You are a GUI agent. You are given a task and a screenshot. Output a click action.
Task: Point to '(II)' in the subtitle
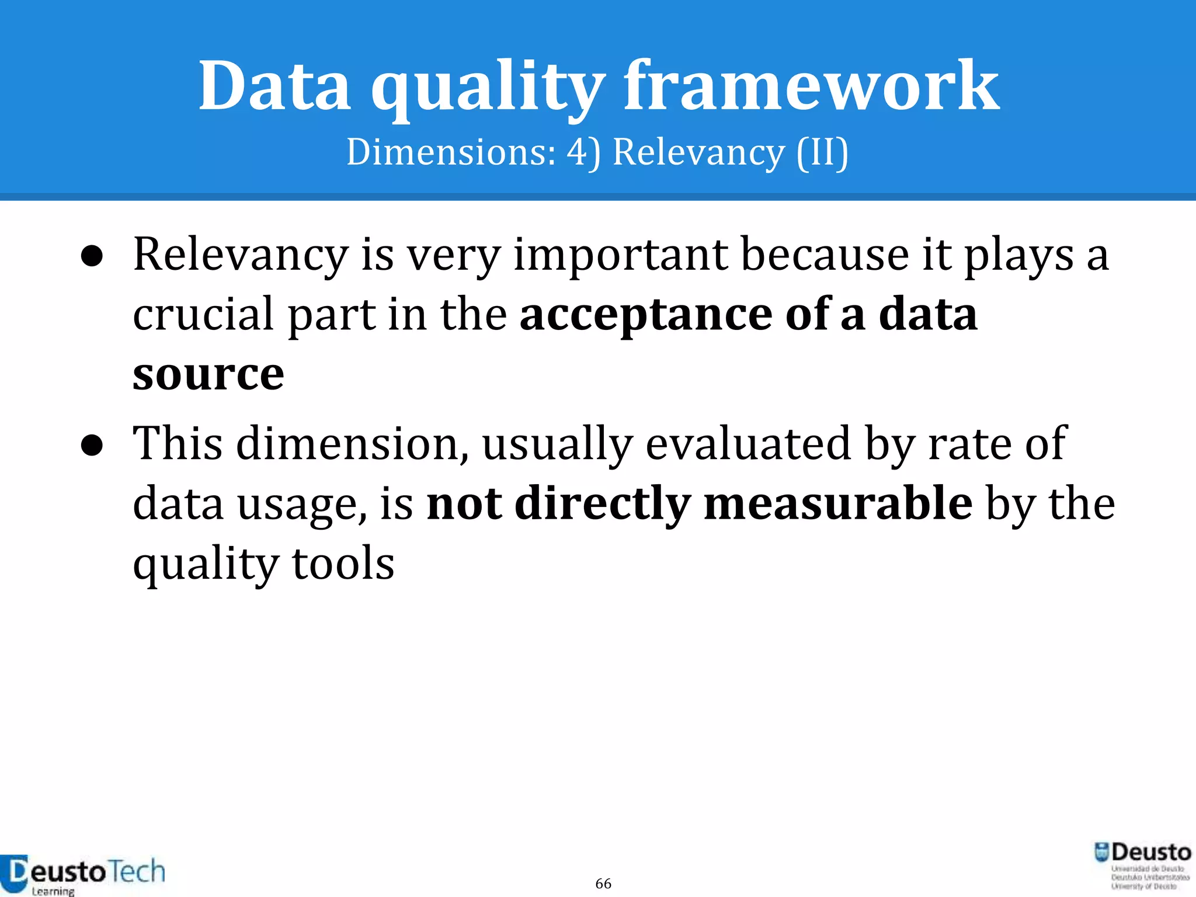[822, 152]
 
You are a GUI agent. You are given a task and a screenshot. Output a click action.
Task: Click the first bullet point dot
[92, 257]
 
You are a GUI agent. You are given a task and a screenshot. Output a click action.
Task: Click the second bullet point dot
[92, 446]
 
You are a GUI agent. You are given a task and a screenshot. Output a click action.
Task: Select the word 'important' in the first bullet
[620, 256]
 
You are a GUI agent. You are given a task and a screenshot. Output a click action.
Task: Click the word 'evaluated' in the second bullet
[748, 444]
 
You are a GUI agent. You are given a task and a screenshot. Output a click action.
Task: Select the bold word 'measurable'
[838, 503]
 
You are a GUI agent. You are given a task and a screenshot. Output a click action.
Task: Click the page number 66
[603, 884]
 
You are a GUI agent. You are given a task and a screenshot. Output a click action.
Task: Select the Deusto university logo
[1143, 865]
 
